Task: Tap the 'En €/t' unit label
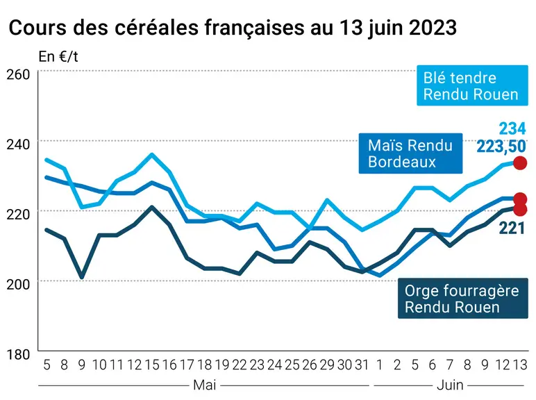(58, 56)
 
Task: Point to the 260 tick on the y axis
(18, 74)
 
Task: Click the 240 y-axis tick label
(18, 144)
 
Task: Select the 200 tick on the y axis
(18, 284)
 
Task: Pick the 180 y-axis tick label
(18, 354)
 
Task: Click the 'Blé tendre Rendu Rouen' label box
(472, 85)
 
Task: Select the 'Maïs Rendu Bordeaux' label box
(410, 153)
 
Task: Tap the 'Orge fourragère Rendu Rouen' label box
(463, 299)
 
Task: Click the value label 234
(512, 129)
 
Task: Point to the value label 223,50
(501, 147)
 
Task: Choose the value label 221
(512, 228)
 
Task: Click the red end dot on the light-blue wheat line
(520, 162)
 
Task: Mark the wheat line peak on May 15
(152, 155)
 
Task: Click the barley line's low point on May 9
(82, 277)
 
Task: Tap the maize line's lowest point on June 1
(380, 275)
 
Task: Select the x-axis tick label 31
(362, 365)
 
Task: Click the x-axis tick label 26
(310, 365)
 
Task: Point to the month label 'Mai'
(204, 385)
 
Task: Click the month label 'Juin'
(450, 385)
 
